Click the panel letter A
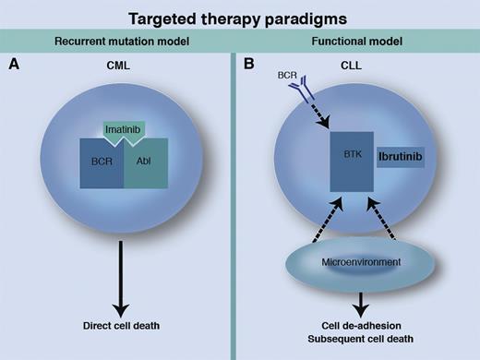click(x=14, y=66)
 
